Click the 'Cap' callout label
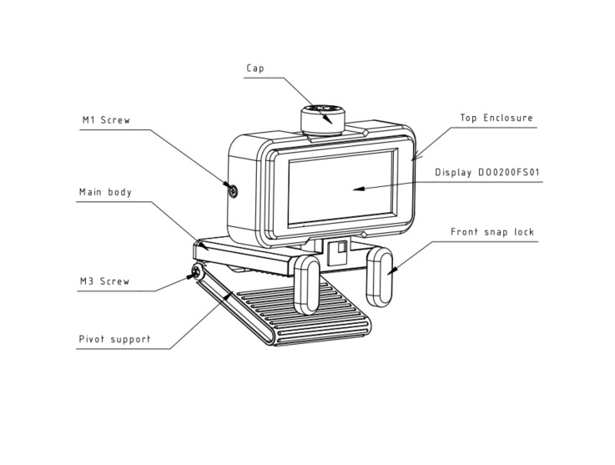click(x=255, y=68)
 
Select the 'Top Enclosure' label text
click(x=496, y=119)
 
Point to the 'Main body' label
click(x=106, y=192)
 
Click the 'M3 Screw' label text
click(x=105, y=281)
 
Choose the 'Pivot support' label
click(x=114, y=339)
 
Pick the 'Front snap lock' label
click(x=491, y=232)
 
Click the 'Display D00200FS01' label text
click(x=489, y=174)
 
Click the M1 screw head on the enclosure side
click(x=233, y=191)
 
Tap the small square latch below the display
click(x=340, y=250)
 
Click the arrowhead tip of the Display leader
click(x=354, y=190)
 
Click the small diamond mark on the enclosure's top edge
click(x=366, y=132)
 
